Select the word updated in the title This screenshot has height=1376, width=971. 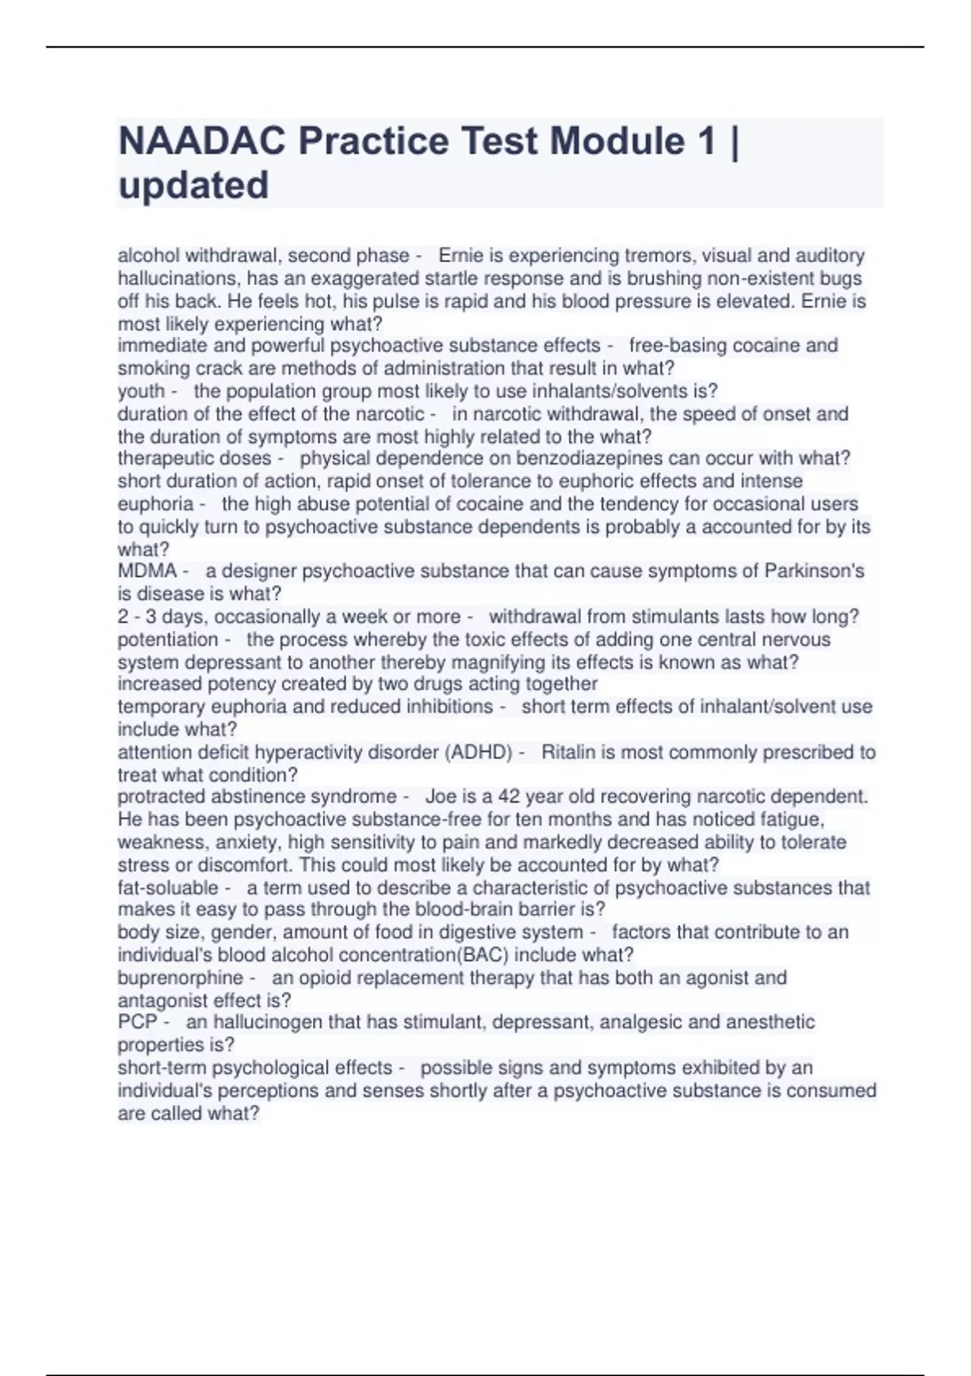[193, 185]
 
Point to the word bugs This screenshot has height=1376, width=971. [841, 278]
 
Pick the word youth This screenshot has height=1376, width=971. [141, 391]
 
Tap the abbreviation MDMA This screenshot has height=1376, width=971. [146, 571]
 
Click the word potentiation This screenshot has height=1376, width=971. [167, 639]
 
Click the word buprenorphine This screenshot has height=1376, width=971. [180, 978]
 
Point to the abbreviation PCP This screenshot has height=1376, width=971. [137, 1022]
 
